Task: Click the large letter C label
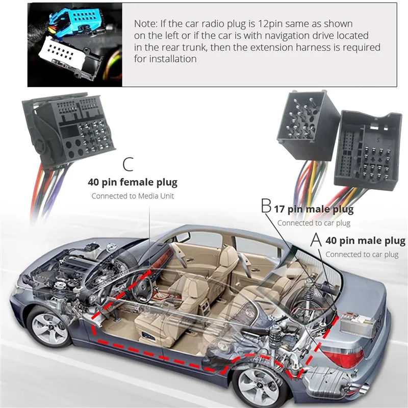128,165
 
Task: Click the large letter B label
266,207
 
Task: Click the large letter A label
317,239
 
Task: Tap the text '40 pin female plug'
133,182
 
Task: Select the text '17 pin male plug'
314,209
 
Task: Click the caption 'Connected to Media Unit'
133,196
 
